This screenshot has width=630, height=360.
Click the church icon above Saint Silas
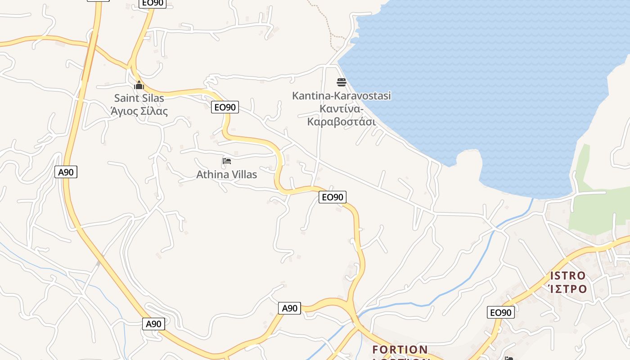click(x=139, y=85)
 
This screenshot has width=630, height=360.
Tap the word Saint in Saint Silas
click(x=127, y=98)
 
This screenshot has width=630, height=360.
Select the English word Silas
click(x=153, y=98)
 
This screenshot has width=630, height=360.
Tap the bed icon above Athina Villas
click(x=227, y=161)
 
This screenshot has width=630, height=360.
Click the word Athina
click(x=212, y=174)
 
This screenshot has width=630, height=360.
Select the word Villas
click(x=243, y=174)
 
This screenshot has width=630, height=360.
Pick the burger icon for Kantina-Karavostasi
click(x=341, y=82)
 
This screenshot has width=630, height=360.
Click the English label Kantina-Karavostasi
click(x=341, y=95)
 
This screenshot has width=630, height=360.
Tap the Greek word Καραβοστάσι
click(x=341, y=121)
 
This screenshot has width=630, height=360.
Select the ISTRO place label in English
click(x=568, y=275)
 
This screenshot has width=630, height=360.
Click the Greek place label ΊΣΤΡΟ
click(x=568, y=288)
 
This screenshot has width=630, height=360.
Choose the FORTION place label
click(x=400, y=349)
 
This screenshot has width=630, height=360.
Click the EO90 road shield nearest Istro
click(x=500, y=312)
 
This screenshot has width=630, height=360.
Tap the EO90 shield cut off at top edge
click(x=153, y=3)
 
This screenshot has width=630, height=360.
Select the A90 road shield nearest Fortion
click(x=289, y=308)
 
